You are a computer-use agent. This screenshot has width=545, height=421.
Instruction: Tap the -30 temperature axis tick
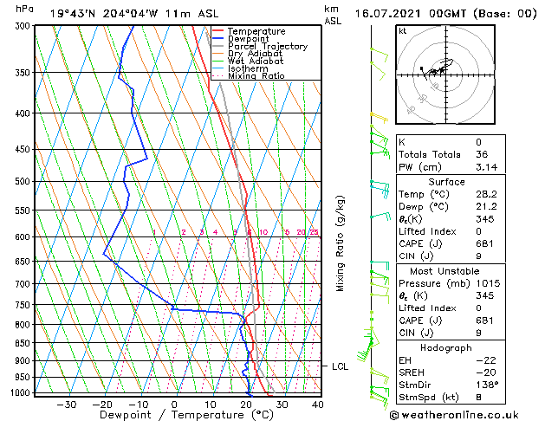66,404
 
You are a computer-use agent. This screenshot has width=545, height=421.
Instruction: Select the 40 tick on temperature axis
317,404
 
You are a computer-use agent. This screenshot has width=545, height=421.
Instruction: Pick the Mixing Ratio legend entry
256,75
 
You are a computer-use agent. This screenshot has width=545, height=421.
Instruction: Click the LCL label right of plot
340,366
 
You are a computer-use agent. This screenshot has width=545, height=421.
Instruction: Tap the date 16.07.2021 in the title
394,13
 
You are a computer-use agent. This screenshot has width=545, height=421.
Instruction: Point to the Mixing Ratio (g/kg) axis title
341,243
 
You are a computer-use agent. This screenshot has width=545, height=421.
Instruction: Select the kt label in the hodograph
403,31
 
